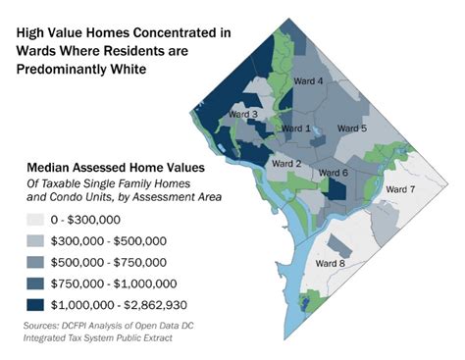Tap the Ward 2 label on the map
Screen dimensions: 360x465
click(285, 163)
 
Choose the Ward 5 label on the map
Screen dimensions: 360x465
click(351, 129)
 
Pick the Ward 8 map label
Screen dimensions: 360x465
click(329, 263)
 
